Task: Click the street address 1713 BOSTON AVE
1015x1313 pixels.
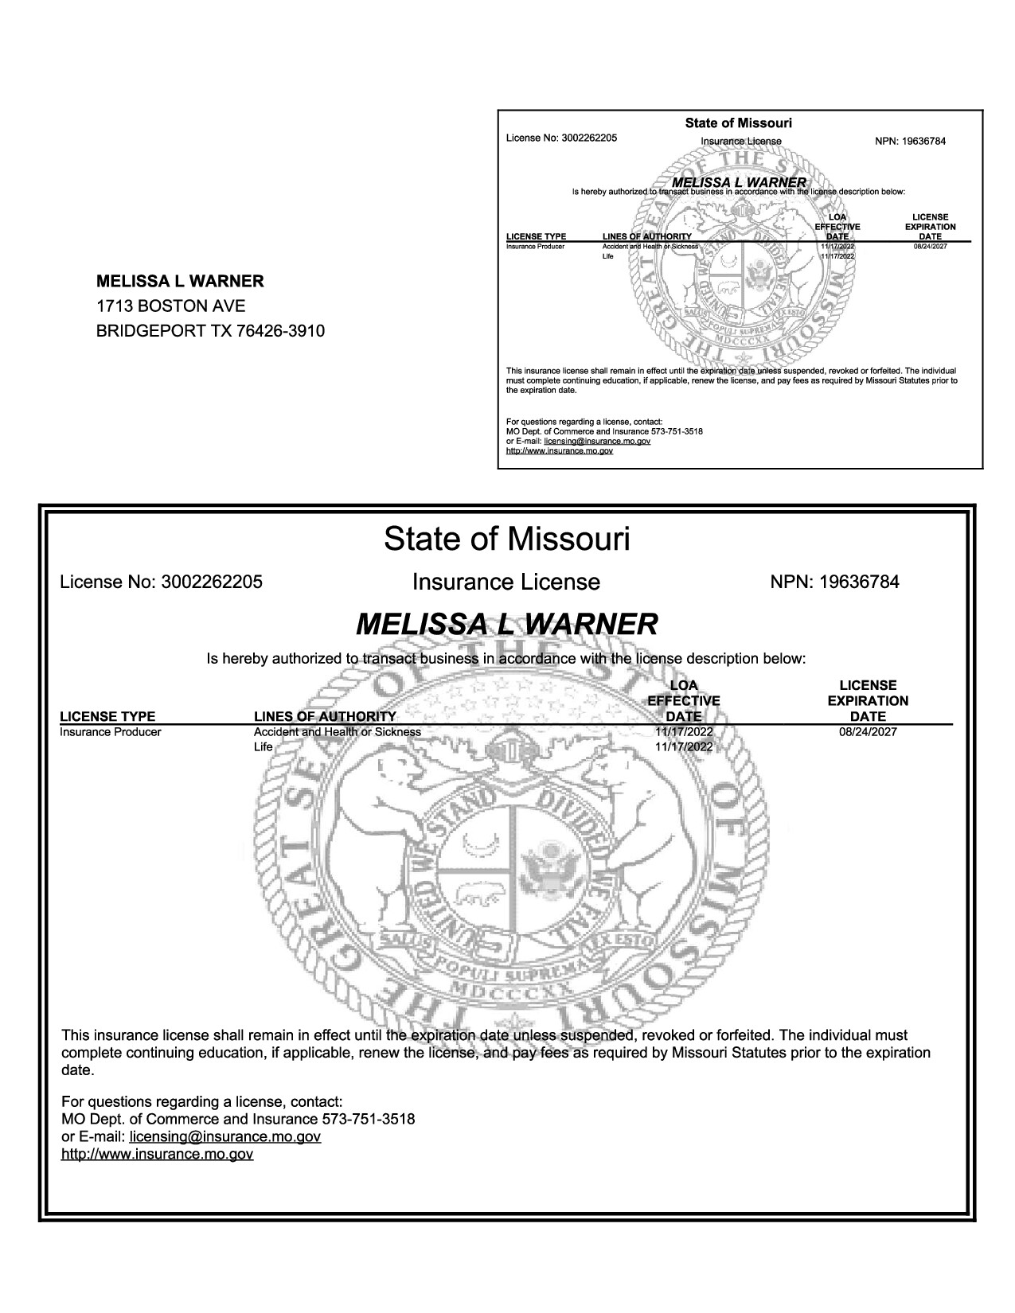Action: tap(170, 306)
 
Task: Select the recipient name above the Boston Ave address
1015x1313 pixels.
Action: tap(180, 281)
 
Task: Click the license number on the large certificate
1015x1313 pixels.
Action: tap(211, 582)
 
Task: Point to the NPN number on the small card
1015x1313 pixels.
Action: tap(923, 142)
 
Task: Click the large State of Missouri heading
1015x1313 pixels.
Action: tap(506, 539)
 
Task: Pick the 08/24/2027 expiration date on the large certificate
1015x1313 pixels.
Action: tap(867, 731)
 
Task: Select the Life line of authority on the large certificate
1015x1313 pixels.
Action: tap(263, 746)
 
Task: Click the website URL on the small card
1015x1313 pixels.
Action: tap(560, 450)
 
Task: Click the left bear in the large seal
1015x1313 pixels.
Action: tap(381, 828)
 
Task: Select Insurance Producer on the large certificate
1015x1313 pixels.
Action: tap(111, 731)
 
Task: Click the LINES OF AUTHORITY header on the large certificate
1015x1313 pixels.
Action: tap(324, 716)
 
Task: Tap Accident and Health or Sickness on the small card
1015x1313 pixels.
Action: tap(650, 247)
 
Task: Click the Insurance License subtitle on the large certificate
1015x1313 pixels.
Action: tap(506, 582)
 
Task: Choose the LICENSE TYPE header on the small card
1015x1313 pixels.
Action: tap(536, 236)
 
